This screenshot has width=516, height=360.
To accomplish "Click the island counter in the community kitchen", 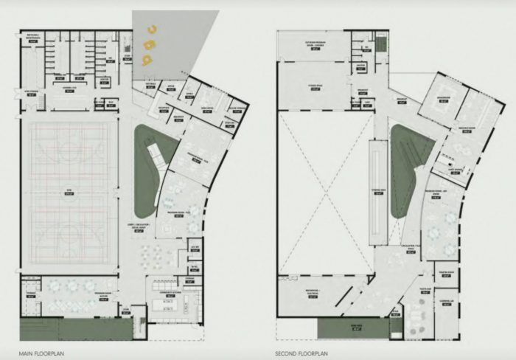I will pos(169,302).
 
